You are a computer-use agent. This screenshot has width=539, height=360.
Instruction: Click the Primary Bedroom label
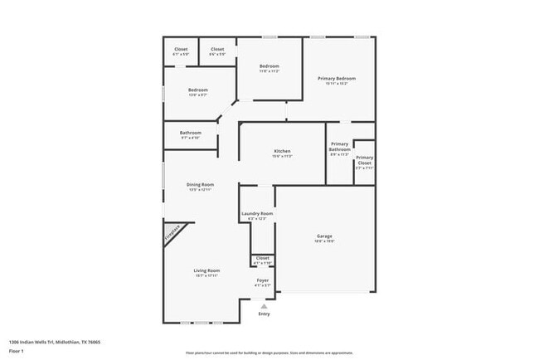pos(337,78)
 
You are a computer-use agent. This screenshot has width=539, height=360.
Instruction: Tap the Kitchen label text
pos(283,151)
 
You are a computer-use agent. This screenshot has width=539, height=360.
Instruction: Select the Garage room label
pos(324,236)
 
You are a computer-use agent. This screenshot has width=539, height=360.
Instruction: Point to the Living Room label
pos(206,270)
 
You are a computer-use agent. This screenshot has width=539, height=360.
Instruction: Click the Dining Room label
pos(200,184)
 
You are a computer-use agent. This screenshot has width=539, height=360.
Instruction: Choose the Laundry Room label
pos(257,214)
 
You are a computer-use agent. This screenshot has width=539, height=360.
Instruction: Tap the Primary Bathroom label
pos(339,146)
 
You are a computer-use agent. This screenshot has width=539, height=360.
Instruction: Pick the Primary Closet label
pos(364,160)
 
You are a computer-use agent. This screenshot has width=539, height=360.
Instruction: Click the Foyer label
pos(262,282)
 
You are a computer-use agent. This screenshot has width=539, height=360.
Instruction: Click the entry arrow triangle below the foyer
pos(264,305)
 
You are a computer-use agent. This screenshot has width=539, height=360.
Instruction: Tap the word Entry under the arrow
pos(264,314)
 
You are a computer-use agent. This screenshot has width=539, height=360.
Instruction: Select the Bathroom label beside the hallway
pos(191,133)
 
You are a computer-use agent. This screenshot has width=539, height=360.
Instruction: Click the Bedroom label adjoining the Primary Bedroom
pos(269,66)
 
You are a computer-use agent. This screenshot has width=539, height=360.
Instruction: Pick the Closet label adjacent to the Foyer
pos(262,258)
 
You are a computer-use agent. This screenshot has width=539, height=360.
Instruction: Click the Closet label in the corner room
pos(181,49)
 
